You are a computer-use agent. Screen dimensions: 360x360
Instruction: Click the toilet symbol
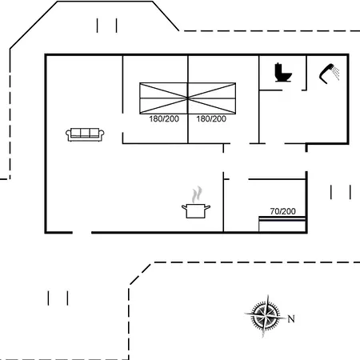pyautogui.click(x=283, y=72)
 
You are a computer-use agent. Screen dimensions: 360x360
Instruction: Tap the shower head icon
pyautogui.click(x=326, y=74)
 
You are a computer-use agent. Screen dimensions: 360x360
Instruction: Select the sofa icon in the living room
pyautogui.click(x=85, y=134)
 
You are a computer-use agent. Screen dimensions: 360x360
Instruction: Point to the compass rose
pyautogui.click(x=266, y=315)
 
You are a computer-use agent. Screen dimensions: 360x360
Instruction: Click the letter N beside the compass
pyautogui.click(x=291, y=318)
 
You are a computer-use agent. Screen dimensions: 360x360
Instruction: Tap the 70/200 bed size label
pyautogui.click(x=282, y=211)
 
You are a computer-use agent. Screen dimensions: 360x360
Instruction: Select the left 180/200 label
pyautogui.click(x=164, y=119)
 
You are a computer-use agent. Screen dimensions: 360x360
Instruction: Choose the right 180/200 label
pyautogui.click(x=211, y=119)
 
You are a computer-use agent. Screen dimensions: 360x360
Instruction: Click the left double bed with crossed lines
pyautogui.click(x=164, y=98)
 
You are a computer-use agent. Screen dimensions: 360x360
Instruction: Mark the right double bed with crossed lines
pyautogui.click(x=212, y=98)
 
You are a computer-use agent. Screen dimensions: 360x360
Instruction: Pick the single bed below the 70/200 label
pyautogui.click(x=282, y=224)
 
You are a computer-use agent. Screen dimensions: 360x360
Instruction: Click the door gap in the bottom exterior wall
pyautogui.click(x=82, y=233)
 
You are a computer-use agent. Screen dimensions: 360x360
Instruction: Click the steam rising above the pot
pyautogui.click(x=197, y=194)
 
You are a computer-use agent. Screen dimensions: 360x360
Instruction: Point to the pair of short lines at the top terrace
pyautogui.click(x=107, y=26)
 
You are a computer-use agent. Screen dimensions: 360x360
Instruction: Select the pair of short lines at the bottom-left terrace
pyautogui.click(x=58, y=298)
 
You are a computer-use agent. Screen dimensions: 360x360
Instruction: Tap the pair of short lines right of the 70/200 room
pyautogui.click(x=341, y=192)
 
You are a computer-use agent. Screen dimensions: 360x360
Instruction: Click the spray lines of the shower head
pyautogui.click(x=336, y=73)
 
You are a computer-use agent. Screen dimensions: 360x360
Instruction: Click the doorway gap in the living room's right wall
pyautogui.click(x=123, y=122)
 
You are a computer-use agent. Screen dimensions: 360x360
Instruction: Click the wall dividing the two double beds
pyautogui.click(x=188, y=99)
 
